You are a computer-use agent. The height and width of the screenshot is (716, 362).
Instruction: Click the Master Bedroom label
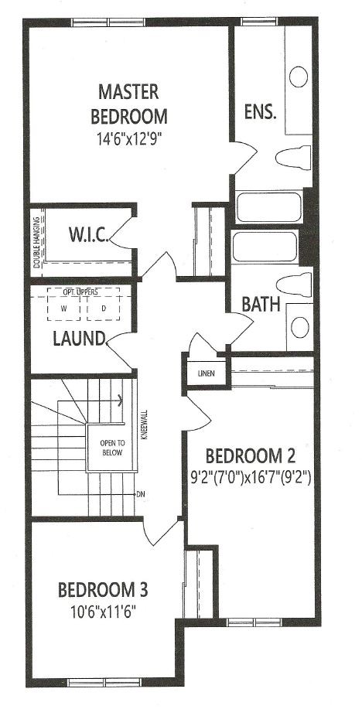128,104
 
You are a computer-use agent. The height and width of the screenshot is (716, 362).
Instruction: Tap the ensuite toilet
293,157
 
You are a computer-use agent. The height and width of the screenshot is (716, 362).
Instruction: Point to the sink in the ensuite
299,77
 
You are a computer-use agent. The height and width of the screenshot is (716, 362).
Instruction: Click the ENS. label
261,112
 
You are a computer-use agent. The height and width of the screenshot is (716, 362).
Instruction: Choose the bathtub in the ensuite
269,207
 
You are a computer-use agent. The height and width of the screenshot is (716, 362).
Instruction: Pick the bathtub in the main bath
265,247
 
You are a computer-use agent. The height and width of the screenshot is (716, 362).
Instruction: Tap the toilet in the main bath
295,285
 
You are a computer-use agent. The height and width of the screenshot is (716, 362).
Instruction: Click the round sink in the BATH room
300,327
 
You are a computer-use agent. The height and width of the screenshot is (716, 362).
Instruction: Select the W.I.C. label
89,235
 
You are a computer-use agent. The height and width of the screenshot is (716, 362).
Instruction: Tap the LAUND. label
79,339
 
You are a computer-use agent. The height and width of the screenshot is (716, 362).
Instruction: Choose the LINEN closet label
206,373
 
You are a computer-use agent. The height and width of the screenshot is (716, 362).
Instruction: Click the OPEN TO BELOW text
112,448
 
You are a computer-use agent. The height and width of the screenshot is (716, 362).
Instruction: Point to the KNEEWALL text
145,424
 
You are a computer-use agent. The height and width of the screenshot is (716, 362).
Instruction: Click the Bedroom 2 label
251,455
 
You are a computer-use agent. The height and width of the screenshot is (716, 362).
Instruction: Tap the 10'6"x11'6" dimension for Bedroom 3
103,611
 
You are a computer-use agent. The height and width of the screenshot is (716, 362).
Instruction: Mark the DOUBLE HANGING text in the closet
36,244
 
